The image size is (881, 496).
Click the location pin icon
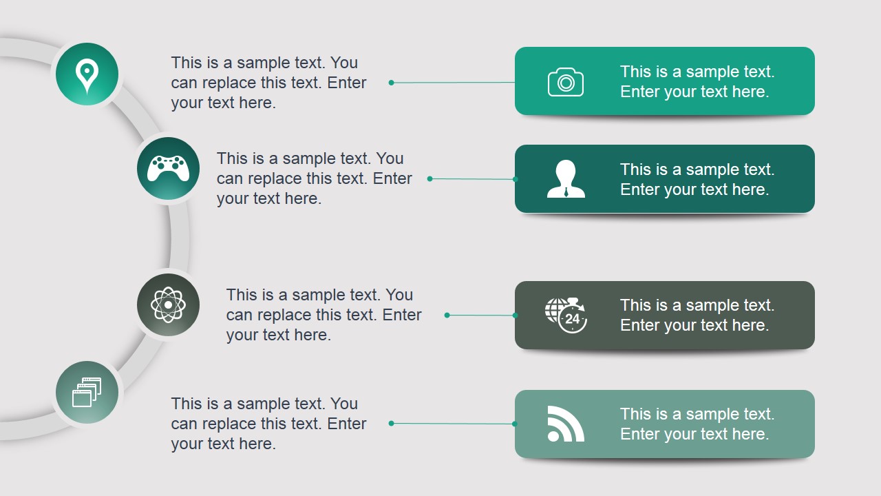coord(87,76)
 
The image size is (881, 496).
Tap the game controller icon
coord(168,169)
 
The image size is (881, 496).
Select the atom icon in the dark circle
coord(168,304)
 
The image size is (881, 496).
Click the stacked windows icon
coord(87,392)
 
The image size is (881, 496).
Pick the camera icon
coord(566,82)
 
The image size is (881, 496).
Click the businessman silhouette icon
coord(566,178)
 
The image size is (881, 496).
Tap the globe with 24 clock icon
coord(566,315)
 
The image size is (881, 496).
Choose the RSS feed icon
coord(566,424)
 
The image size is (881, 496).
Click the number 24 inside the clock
coord(572,318)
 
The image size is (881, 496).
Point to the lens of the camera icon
coord(566,83)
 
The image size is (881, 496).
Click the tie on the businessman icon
coord(566,192)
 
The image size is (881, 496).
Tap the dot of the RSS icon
coord(553,436)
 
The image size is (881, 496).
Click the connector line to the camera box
coord(453,83)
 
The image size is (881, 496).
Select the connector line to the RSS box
coord(453,424)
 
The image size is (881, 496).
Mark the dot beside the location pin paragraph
coord(392,83)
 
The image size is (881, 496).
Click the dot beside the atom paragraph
coord(447,315)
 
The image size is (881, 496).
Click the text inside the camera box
coord(697,81)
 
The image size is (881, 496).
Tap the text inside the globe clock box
coord(697,315)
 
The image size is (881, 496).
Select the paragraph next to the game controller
coord(314,178)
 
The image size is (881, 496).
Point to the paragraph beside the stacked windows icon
coord(268,424)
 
